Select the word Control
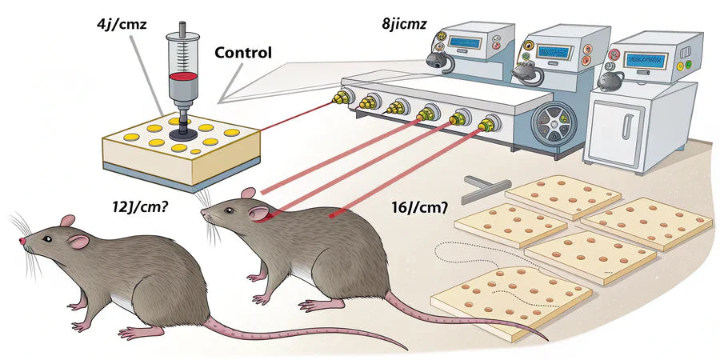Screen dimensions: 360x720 (x=243, y=54)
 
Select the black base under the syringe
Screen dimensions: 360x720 (x=183, y=134)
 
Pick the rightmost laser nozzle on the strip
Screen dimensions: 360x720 (x=485, y=124)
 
